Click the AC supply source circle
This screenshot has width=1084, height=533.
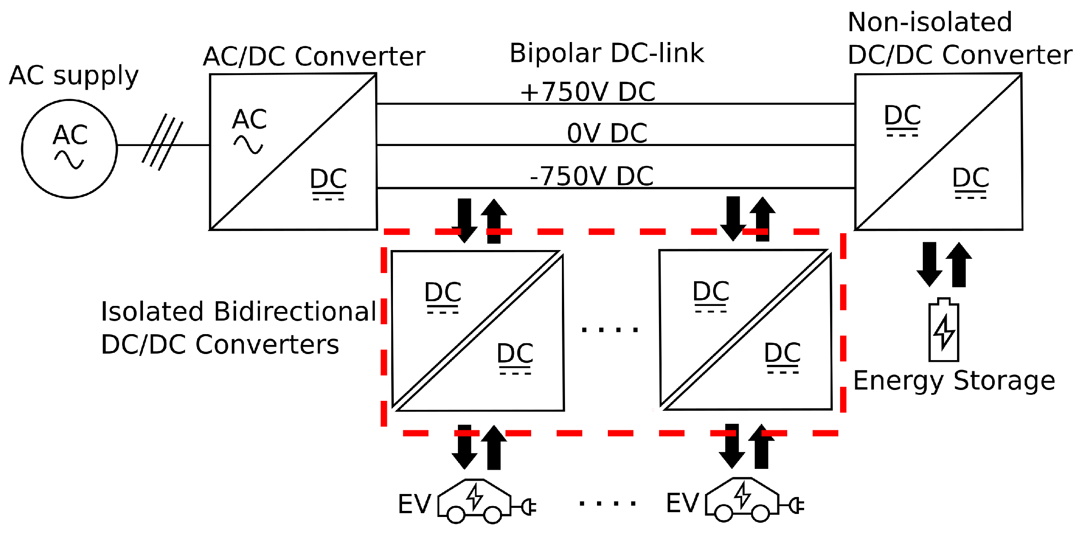[69, 149]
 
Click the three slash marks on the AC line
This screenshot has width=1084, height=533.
[162, 142]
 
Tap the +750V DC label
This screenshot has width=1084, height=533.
[587, 92]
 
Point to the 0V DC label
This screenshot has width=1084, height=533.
[607, 133]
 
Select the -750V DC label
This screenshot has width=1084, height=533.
[591, 176]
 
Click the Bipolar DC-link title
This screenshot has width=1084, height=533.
[607, 53]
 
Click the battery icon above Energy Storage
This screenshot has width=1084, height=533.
[944, 330]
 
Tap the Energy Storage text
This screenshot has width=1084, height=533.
[954, 381]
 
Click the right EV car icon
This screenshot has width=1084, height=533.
[742, 499]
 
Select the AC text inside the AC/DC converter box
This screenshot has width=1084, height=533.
[249, 119]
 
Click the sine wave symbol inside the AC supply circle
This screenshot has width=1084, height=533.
[69, 160]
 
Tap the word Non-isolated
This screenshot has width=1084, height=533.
[930, 22]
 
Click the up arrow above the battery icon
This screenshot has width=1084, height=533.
[959, 264]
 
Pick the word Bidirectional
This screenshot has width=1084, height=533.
[295, 312]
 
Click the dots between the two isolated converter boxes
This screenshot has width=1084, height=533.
[610, 330]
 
